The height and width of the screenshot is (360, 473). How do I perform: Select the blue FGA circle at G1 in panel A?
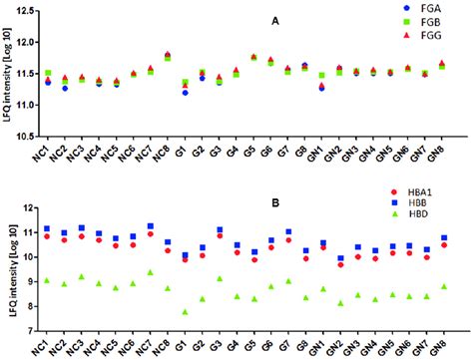186,93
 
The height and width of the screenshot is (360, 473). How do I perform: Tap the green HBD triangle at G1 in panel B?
186,312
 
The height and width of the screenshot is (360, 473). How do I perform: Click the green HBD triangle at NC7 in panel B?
150,272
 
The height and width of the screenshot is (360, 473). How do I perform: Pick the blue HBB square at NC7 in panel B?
150,226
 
